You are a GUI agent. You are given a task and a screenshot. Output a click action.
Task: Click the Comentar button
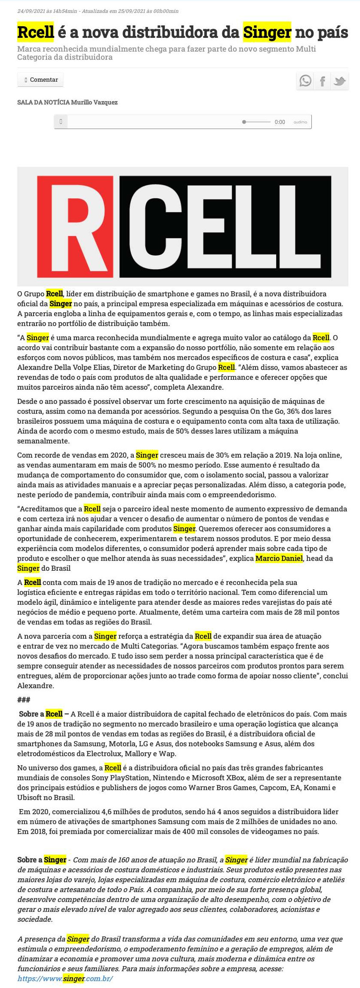pyautogui.click(x=40, y=80)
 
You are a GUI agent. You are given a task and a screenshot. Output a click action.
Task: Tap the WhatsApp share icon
pyautogui.click(x=305, y=80)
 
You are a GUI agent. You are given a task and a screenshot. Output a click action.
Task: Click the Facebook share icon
pyautogui.click(x=322, y=80)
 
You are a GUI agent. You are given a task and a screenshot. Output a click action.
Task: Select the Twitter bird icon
pyautogui.click(x=339, y=80)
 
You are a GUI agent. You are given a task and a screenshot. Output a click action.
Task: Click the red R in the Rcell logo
pyautogui.click(x=76, y=227)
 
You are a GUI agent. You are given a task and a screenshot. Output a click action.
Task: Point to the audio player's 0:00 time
pyautogui.click(x=280, y=122)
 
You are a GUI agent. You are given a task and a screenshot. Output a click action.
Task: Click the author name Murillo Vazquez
pyautogui.click(x=94, y=102)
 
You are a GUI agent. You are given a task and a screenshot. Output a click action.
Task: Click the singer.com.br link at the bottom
pyautogui.click(x=65, y=979)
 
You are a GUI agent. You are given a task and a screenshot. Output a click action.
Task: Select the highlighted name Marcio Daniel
pyautogui.click(x=279, y=558)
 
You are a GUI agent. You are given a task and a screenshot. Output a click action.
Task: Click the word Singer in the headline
pyautogui.click(x=267, y=32)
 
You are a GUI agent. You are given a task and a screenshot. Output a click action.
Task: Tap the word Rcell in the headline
pyautogui.click(x=35, y=32)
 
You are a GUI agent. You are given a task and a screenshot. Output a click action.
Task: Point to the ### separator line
pyautogui.click(x=24, y=700)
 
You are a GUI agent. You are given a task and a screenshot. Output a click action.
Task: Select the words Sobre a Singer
pyautogui.click(x=42, y=860)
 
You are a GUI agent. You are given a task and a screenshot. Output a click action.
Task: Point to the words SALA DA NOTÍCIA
pyautogui.click(x=43, y=102)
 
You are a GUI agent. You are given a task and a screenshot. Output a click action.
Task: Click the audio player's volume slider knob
pyautogui.click(x=244, y=122)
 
